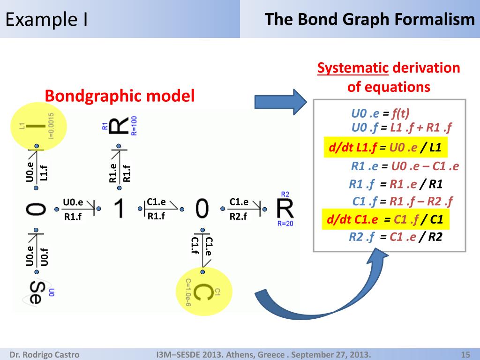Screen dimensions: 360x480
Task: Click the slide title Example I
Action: pyautogui.click(x=47, y=20)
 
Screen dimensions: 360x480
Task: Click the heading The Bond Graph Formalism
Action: pyautogui.click(x=370, y=20)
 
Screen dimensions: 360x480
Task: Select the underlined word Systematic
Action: pyautogui.click(x=352, y=68)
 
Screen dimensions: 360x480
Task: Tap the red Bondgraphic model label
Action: pyautogui.click(x=120, y=96)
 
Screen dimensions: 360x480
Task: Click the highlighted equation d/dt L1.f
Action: pyautogui.click(x=385, y=148)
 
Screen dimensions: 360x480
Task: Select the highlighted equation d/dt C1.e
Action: pyautogui.click(x=385, y=219)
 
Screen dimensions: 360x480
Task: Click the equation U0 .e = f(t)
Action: pyautogui.click(x=380, y=113)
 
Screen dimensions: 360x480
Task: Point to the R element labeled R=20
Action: pyautogui.click(x=285, y=209)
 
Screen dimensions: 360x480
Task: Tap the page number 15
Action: pyautogui.click(x=465, y=354)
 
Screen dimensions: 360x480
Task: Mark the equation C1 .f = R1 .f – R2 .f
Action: pyautogui.click(x=402, y=202)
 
